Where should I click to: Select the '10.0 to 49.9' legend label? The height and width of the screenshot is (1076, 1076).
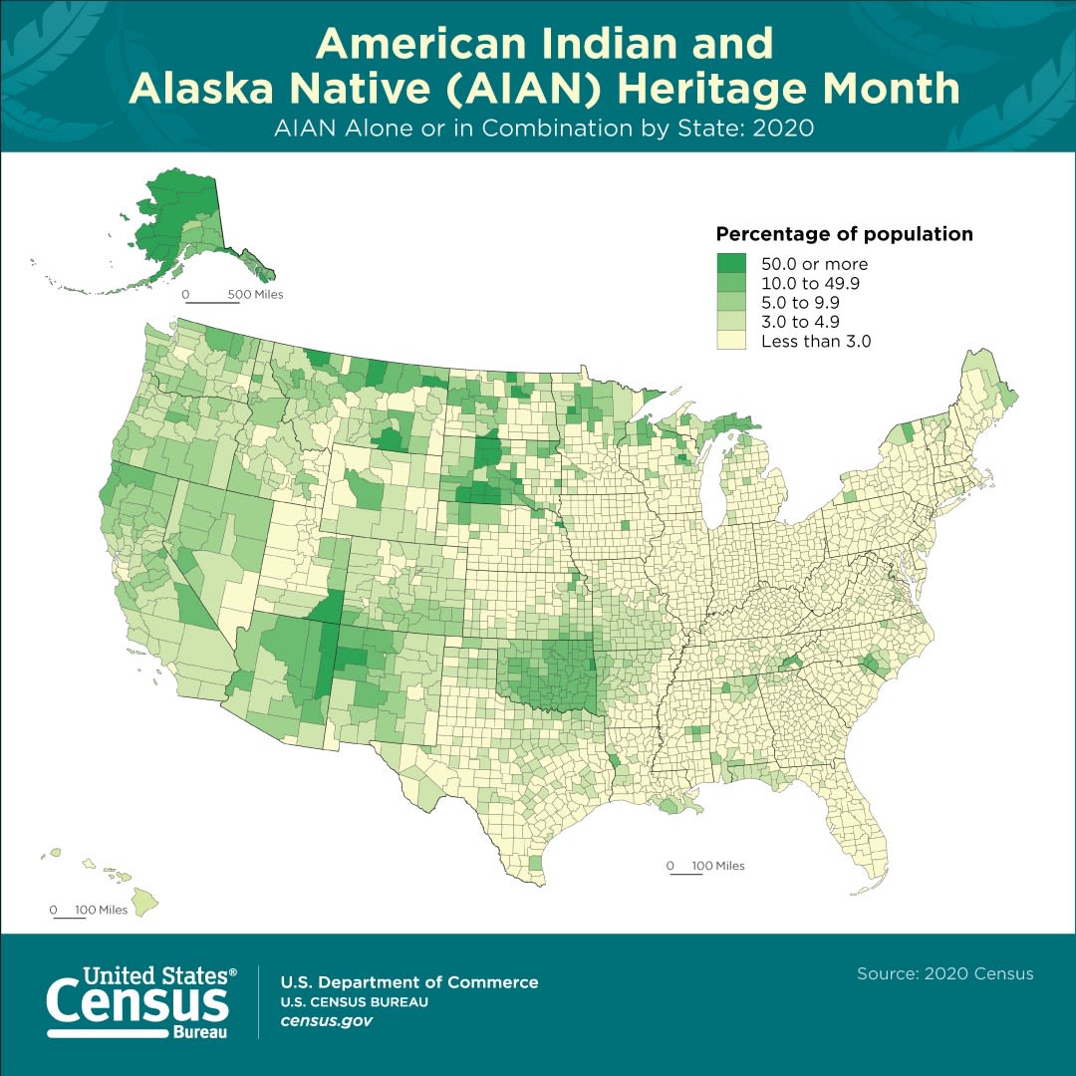pos(810,283)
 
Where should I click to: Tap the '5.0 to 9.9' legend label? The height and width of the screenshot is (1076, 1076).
pos(801,302)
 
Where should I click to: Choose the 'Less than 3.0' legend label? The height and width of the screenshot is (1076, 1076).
pos(816,341)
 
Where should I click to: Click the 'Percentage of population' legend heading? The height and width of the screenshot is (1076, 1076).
pos(844,235)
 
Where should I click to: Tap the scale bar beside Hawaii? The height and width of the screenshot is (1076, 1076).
pos(69,917)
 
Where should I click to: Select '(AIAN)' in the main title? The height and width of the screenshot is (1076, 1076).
pos(548,88)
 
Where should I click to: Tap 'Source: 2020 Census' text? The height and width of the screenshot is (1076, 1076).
pos(944,973)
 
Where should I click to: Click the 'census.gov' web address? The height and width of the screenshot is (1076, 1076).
pos(327,1021)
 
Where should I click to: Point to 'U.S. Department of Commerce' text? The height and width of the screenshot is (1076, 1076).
pos(408,982)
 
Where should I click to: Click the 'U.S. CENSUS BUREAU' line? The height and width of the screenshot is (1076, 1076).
pos(354,1002)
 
